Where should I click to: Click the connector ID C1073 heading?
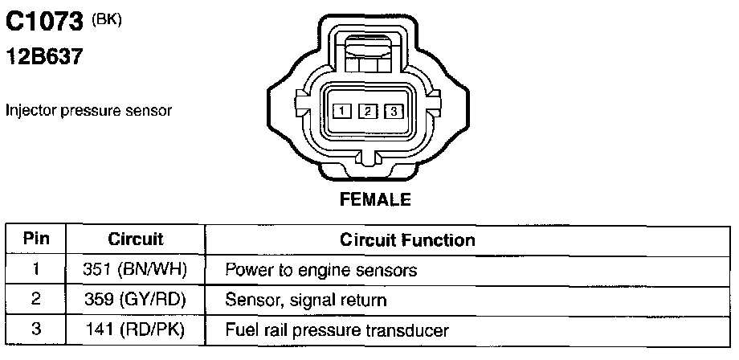(x=46, y=22)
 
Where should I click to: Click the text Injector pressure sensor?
(x=88, y=110)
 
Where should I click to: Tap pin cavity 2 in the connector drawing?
(x=367, y=112)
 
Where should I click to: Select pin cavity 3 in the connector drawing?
(x=393, y=112)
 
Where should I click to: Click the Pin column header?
(x=36, y=239)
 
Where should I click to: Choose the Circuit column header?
(x=136, y=239)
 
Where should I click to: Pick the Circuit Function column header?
(x=407, y=239)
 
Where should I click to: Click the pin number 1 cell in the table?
(x=36, y=270)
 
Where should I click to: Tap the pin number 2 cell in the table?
(x=36, y=300)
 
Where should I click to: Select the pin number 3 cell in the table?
(x=36, y=329)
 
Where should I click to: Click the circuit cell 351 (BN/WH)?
(x=135, y=270)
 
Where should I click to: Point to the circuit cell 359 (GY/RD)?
(x=135, y=300)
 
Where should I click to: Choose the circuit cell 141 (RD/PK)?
(x=135, y=329)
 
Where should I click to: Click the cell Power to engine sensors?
(x=321, y=270)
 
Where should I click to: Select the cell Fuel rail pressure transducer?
(x=337, y=329)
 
